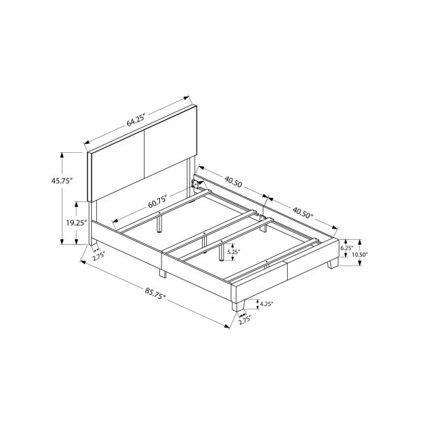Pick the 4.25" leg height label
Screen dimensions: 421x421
pos(266,305)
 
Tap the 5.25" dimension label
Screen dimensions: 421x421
pos(234,251)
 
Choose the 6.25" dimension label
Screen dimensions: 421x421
pos(346,248)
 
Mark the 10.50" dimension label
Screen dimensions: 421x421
pos(359,255)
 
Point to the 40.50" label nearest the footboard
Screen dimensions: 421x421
pos(303,211)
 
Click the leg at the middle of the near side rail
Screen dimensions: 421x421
pos(162,274)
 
